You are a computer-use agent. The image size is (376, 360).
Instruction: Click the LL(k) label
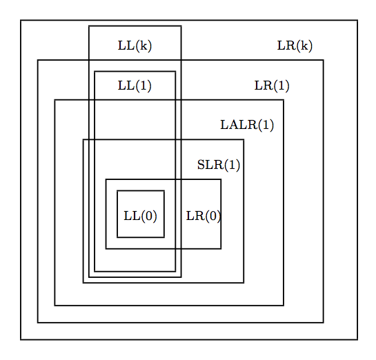click(x=135, y=46)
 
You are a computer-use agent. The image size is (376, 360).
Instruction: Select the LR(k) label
click(x=295, y=46)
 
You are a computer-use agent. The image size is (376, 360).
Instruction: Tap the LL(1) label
click(x=135, y=86)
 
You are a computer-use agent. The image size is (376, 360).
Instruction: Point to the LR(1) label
click(x=272, y=86)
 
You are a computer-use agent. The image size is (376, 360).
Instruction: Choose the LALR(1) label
click(x=247, y=125)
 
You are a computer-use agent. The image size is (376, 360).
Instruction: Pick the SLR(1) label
click(x=219, y=165)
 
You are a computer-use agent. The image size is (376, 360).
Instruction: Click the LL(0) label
click(x=140, y=216)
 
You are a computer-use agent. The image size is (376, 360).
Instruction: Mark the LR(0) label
click(x=204, y=216)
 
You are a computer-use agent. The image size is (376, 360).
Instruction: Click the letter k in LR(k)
click(x=304, y=46)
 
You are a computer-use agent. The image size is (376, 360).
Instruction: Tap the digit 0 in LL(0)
click(x=148, y=216)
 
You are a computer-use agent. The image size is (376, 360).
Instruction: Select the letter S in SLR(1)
click(x=201, y=165)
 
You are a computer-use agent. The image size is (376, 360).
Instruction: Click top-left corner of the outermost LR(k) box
click(x=21, y=21)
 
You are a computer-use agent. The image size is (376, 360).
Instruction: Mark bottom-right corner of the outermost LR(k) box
click(x=357, y=339)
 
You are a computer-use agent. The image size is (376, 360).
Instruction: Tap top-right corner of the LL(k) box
click(x=181, y=26)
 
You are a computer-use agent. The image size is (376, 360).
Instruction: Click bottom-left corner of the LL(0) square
click(x=117, y=237)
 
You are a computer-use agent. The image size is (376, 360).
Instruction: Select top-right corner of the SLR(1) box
click(x=244, y=139)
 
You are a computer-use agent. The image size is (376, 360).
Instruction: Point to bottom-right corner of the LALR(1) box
click(x=284, y=306)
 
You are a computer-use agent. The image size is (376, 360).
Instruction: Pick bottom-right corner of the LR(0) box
click(x=221, y=248)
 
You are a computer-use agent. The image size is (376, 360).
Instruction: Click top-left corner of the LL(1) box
click(x=95, y=72)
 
